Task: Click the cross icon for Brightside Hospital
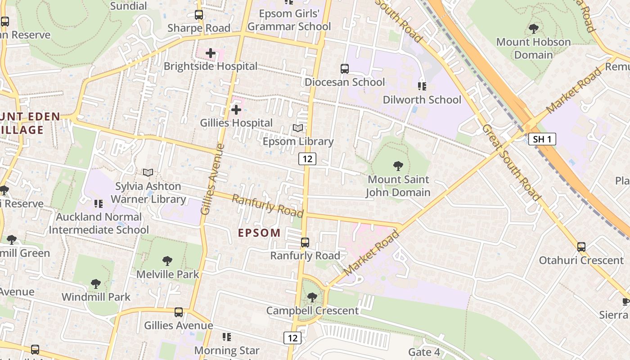click(x=210, y=54)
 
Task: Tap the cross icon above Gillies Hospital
click(x=236, y=110)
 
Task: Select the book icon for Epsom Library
click(x=298, y=128)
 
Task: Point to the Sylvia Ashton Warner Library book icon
click(x=148, y=172)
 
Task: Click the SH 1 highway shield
click(x=542, y=139)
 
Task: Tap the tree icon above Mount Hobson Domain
click(x=534, y=29)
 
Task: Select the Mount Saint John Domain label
click(x=398, y=186)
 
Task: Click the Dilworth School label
click(x=422, y=99)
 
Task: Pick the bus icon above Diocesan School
click(x=345, y=69)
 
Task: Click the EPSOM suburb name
click(x=259, y=233)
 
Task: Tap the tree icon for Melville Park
click(x=167, y=261)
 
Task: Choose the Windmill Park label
click(x=96, y=297)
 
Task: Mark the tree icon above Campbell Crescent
click(x=312, y=297)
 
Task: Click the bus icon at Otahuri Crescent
click(x=581, y=247)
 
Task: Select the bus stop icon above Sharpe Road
click(x=199, y=15)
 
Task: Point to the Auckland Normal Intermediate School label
click(x=99, y=223)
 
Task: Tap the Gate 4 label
click(x=424, y=352)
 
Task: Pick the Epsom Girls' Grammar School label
click(x=289, y=20)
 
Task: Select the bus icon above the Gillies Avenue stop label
click(x=179, y=312)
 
